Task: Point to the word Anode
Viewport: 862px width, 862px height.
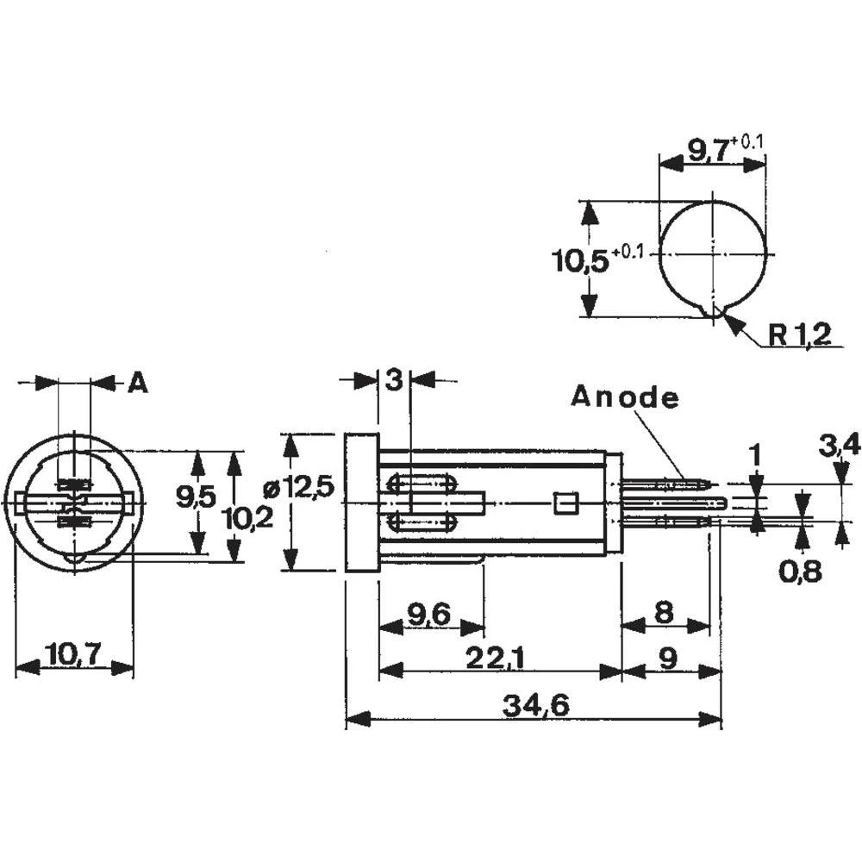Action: tap(625, 397)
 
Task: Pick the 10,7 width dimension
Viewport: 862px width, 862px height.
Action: tap(73, 655)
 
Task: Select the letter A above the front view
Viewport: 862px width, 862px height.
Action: tap(137, 383)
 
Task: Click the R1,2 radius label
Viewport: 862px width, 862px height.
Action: tap(799, 335)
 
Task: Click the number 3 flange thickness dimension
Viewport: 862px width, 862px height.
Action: tap(394, 380)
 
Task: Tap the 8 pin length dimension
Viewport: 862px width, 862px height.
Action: tap(663, 613)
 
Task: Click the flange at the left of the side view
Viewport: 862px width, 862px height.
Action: tap(361, 503)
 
